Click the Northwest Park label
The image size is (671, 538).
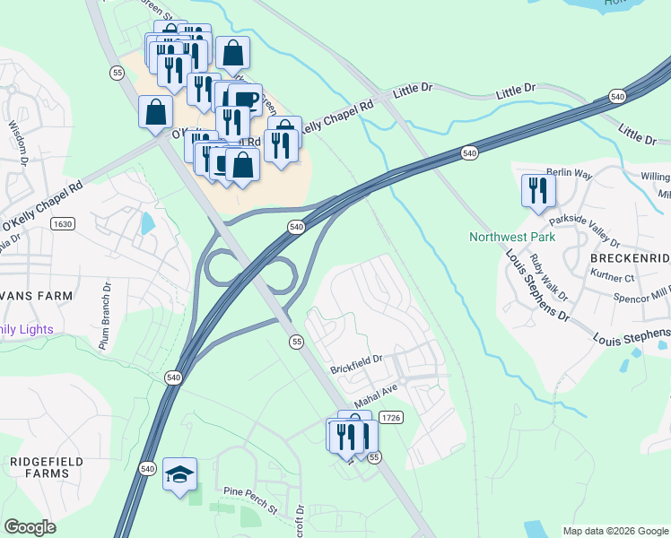[x=512, y=238]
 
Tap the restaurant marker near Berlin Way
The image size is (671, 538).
[x=538, y=190]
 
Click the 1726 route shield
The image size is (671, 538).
[x=390, y=418]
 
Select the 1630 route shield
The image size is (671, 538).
[x=63, y=223]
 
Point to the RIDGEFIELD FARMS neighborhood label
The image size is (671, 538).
[x=47, y=467]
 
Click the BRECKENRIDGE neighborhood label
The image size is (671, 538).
[x=629, y=257]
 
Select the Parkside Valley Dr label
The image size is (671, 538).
[x=584, y=230]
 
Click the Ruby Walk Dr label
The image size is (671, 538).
[x=548, y=278]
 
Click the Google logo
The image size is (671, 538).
[x=30, y=528]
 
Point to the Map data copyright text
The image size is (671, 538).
[x=614, y=531]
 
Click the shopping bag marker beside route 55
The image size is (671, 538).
[x=156, y=113]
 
